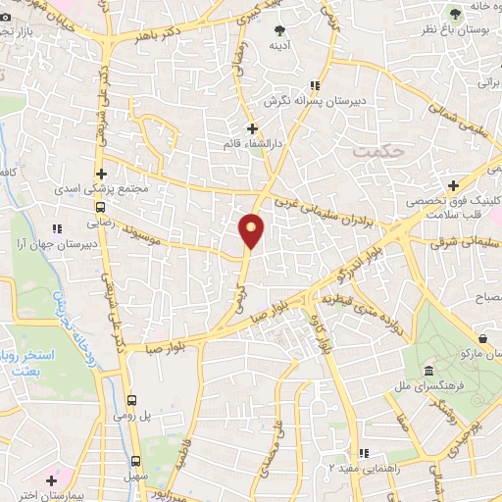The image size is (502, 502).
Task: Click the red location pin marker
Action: (252, 230)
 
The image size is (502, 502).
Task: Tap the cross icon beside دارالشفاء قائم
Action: (252, 128)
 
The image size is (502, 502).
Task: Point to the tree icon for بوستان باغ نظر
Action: (454, 13)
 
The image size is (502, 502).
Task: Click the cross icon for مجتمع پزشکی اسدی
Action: (101, 174)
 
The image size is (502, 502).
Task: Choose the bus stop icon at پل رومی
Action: (133, 400)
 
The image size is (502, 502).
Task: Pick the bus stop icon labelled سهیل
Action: (136, 461)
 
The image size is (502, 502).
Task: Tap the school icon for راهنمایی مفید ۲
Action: (364, 453)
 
